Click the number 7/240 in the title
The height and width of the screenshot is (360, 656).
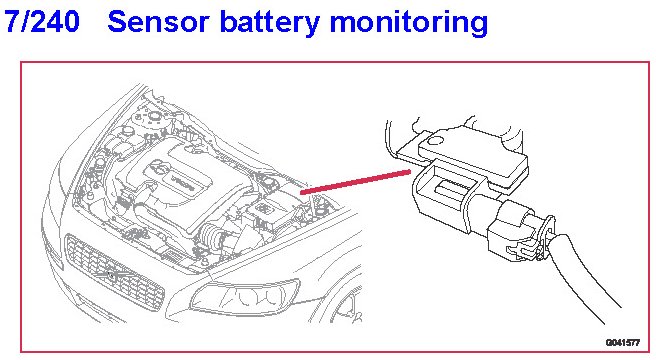[x=42, y=21]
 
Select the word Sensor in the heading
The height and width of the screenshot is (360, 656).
[x=158, y=22]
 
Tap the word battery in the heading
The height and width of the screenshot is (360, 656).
[x=270, y=23]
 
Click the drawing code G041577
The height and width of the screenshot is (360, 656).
[x=623, y=343]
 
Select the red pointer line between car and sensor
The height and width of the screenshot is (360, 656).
[x=356, y=181]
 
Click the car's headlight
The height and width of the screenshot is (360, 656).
[x=245, y=296]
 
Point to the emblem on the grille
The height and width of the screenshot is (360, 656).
[x=111, y=275]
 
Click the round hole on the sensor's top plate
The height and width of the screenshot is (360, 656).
[x=437, y=141]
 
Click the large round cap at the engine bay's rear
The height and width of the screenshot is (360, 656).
[x=155, y=116]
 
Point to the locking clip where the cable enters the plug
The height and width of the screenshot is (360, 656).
[x=544, y=238]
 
